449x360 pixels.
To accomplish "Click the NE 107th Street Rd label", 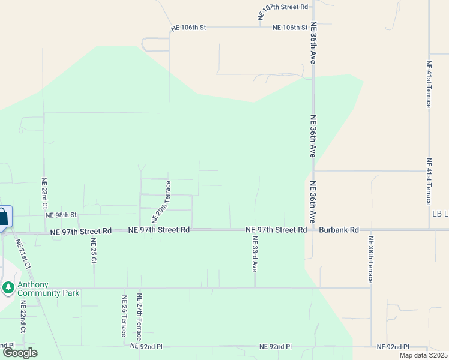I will point(283,7).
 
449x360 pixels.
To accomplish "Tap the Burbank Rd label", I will point(339,230).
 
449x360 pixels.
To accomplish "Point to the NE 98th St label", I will point(61,215).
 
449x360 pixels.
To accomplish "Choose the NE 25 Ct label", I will point(94,251).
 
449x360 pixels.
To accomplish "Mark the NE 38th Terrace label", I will point(370,259).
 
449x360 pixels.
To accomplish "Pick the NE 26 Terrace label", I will point(124,317).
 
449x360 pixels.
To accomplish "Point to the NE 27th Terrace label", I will point(139,317).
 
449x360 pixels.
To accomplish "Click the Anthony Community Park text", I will point(48,289).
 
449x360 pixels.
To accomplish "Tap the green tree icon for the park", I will point(8,289).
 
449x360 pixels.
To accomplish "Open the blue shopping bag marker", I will point(3,217).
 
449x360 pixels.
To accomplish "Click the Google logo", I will point(20,353).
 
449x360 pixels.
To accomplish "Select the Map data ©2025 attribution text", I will point(424,355).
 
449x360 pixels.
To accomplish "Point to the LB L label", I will point(440,214).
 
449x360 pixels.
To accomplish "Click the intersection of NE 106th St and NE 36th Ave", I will point(313,27).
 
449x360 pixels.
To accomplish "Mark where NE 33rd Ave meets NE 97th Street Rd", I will point(255,230).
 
